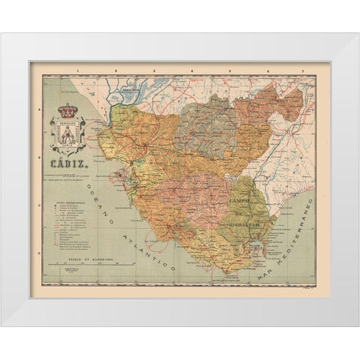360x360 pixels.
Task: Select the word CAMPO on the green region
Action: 238,183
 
